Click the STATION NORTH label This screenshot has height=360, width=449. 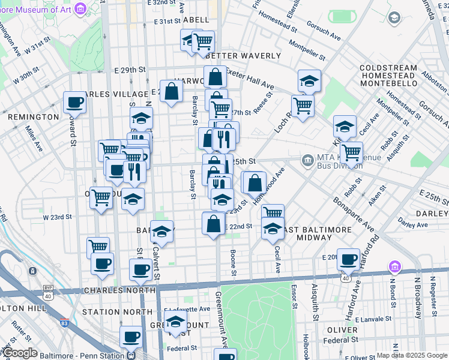(x=117, y=312)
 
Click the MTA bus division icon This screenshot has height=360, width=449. (x=308, y=160)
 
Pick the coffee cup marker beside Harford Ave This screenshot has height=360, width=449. (x=348, y=259)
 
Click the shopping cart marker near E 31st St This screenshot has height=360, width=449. (x=203, y=41)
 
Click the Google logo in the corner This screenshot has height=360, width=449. (x=20, y=353)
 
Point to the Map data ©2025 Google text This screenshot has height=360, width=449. (x=412, y=355)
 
